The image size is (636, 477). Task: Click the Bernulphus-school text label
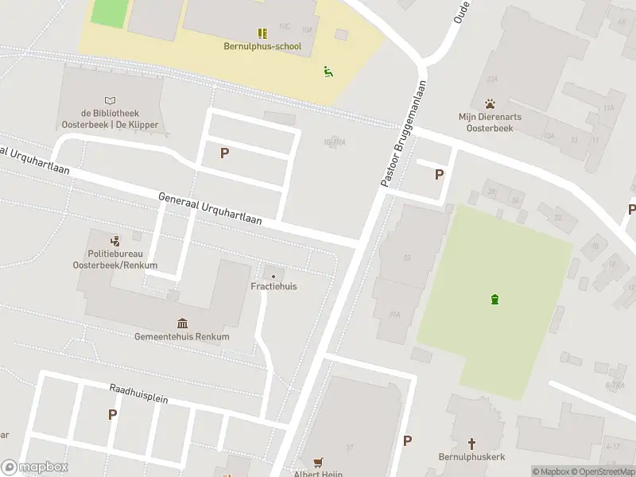point(262,46)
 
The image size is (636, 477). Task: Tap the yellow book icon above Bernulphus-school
point(262,33)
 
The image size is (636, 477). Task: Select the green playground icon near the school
point(328,71)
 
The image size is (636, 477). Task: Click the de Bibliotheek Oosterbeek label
point(110,119)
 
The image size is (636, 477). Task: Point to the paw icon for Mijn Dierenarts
point(491,103)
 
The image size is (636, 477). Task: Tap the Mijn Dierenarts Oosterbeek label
point(491,122)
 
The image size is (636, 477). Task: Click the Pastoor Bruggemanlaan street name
point(404,134)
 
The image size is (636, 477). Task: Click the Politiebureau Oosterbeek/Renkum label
point(115,259)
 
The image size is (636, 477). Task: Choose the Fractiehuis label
point(273,286)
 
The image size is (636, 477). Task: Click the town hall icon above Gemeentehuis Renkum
point(182,322)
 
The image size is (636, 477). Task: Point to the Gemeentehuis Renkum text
point(182,336)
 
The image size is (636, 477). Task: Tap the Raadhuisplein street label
point(138,393)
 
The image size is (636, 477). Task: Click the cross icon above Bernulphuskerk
point(471,443)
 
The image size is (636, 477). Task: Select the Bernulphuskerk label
point(471,457)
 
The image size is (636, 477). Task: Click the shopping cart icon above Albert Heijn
point(319,461)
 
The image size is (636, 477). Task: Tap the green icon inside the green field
point(494,299)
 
